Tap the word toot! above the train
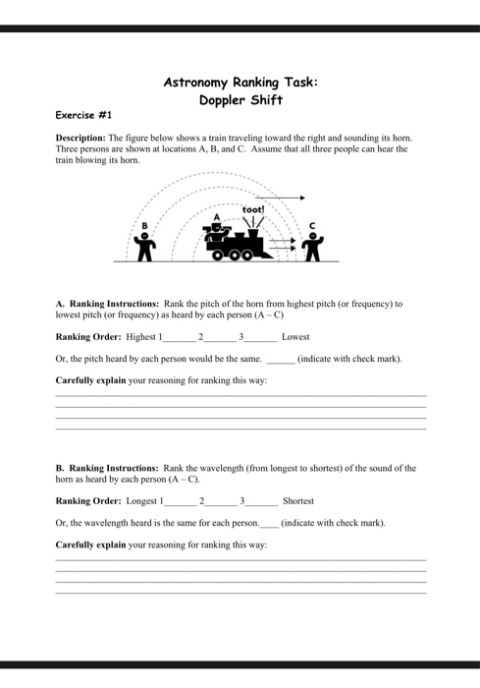point(253,209)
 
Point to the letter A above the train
point(216,216)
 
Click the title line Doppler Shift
point(240,99)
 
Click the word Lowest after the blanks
point(295,337)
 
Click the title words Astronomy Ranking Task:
point(240,82)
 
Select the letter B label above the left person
point(144,225)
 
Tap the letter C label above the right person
point(312,226)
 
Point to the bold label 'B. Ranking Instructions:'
point(107,469)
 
